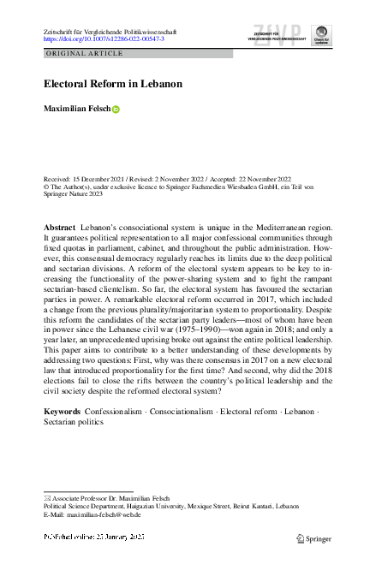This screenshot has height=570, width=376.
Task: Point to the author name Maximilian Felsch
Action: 77,109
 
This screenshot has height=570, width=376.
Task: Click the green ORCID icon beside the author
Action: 116,110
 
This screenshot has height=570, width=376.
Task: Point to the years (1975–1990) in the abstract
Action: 194,314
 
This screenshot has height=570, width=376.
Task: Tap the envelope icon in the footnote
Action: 46,497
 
